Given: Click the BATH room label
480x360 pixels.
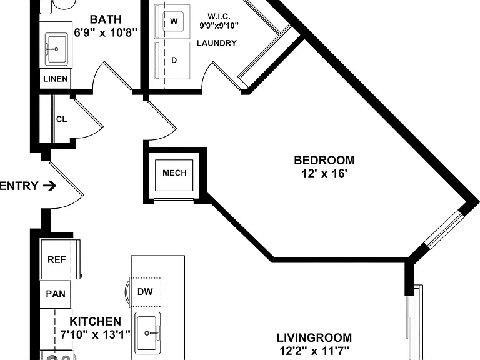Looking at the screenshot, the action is click(106, 19).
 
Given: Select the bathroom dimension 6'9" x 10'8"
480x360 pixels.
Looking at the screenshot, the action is click(106, 32).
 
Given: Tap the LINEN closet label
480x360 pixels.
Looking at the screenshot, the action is click(56, 79).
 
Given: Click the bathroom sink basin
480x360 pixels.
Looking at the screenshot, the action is click(56, 49).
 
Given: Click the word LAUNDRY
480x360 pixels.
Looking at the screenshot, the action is click(217, 43).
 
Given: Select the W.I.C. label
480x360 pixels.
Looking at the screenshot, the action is click(219, 16).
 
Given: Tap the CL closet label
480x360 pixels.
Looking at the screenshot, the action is click(61, 119).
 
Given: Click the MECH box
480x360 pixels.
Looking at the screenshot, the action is click(174, 176).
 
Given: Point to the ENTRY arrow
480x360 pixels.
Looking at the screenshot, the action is click(49, 186).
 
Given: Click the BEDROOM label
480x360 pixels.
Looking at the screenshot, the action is click(324, 161).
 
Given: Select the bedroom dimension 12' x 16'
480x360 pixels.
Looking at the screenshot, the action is click(324, 174).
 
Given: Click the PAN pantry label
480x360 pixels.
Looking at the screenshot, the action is click(56, 294).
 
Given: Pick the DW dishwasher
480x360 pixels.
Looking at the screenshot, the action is click(146, 292).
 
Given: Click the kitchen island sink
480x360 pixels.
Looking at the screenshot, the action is click(148, 332).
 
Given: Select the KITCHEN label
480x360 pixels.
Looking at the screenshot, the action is click(96, 321).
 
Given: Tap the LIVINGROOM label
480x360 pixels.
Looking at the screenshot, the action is click(314, 338).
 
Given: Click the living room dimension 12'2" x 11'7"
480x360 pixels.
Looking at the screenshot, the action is click(314, 351).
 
